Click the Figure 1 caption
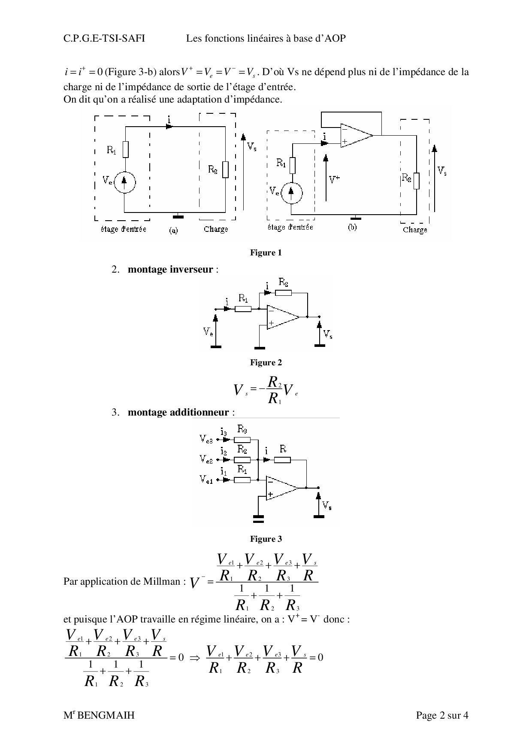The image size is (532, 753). [x=266, y=253]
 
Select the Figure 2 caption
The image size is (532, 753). [x=266, y=363]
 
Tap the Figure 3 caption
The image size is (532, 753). [x=266, y=539]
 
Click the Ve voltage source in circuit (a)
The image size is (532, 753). [x=124, y=182]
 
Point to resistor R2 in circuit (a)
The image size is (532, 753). [x=225, y=170]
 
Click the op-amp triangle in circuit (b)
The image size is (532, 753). [x=355, y=135]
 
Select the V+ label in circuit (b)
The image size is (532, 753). [x=335, y=180]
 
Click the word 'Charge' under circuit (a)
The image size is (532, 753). [x=216, y=229]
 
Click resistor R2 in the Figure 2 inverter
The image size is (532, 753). [x=283, y=292]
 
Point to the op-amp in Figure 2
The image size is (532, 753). [x=282, y=317]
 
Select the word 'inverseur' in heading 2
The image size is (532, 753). [x=192, y=270]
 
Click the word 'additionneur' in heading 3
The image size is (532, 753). [x=199, y=413]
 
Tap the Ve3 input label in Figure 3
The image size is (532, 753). [x=206, y=439]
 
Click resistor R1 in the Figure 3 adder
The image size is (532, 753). [x=242, y=480]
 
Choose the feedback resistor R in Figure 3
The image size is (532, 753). [x=283, y=460]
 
